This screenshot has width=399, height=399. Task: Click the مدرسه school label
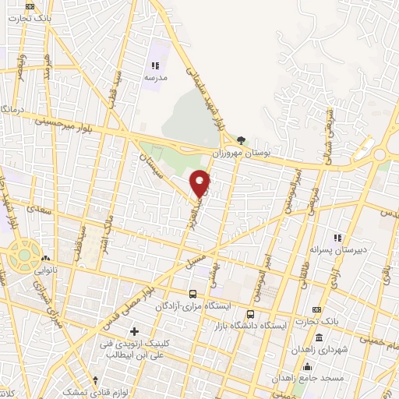tap(154, 78)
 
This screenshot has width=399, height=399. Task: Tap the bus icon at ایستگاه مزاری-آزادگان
tap(192, 295)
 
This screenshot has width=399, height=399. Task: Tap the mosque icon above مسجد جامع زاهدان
tap(309, 366)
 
